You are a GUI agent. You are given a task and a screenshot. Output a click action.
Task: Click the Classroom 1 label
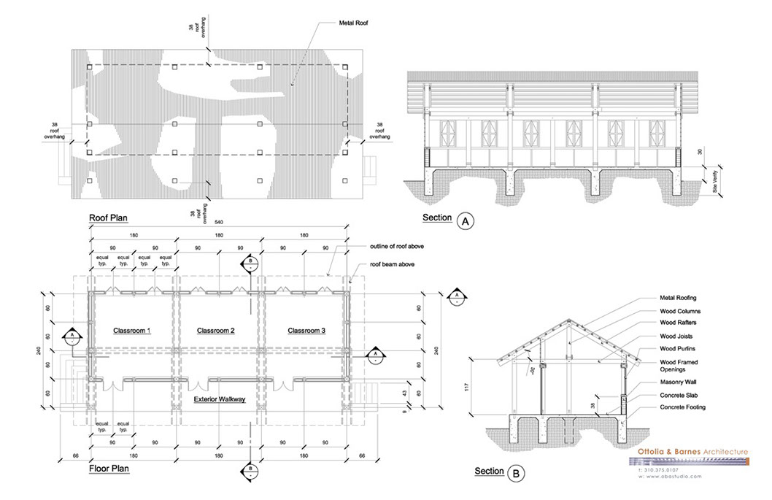coord(131,331)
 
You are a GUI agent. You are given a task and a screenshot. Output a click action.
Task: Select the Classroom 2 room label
coord(216,331)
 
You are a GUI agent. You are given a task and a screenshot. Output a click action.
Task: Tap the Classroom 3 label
coord(306,331)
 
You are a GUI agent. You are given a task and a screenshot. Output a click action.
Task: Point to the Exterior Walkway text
coord(219,399)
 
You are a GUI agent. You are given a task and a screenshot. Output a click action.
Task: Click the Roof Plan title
coord(109,218)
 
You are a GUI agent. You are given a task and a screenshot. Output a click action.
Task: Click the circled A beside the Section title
coord(463,219)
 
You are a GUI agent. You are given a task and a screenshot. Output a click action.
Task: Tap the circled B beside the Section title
coord(516,472)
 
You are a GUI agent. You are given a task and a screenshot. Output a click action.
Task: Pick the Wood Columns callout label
coord(680,310)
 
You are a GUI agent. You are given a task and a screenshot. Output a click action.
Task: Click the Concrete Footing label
coord(682,407)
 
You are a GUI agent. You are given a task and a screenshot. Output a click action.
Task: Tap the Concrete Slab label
coord(678,396)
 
